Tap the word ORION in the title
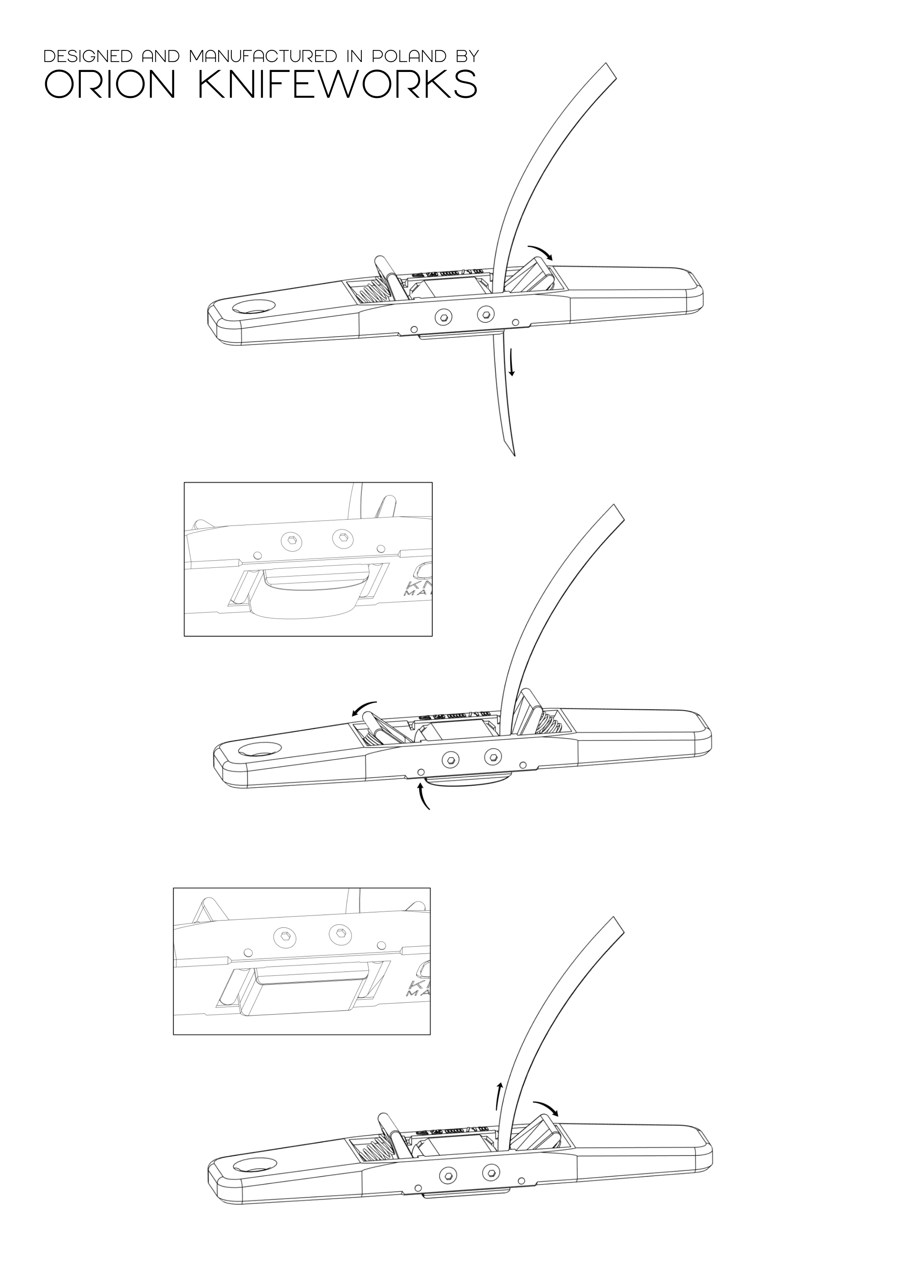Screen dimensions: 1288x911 pos(110,85)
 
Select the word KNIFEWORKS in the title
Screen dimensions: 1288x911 pos(338,85)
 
